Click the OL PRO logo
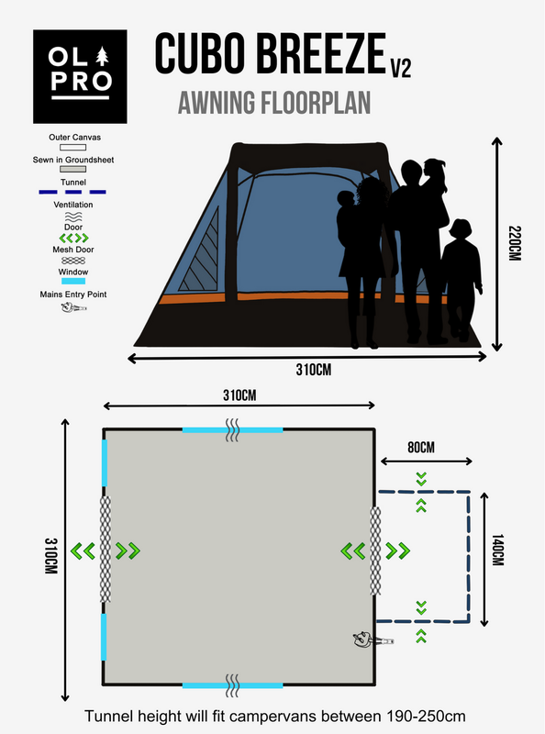click(72, 77)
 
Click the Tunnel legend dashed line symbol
click(72, 193)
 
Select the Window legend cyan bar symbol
click(72, 283)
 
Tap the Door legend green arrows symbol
click(72, 238)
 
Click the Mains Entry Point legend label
click(72, 295)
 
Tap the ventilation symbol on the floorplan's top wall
click(233, 430)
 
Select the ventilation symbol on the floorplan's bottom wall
click(233, 684)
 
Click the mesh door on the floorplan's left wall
click(106, 550)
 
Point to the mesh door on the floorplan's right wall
click(374, 550)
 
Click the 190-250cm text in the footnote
click(414, 715)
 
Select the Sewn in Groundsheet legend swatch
click(72, 170)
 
